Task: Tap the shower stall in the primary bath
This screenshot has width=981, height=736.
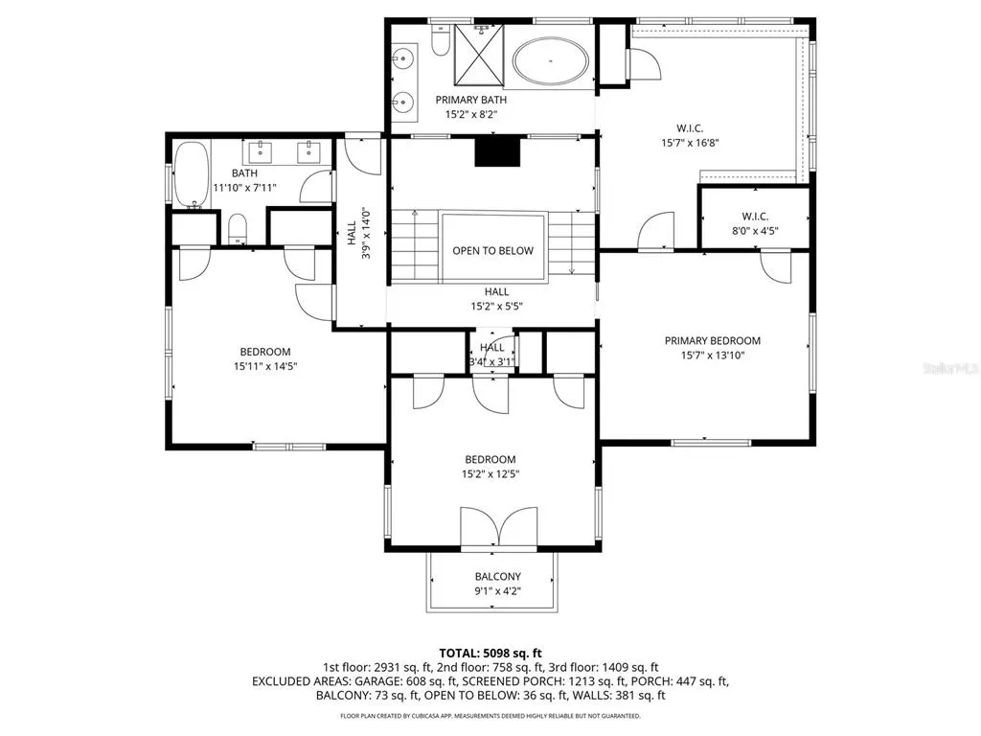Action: click(479, 55)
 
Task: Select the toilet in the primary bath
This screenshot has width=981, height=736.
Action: click(441, 40)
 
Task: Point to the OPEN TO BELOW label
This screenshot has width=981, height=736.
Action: click(493, 250)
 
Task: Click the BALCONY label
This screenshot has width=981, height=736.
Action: click(498, 576)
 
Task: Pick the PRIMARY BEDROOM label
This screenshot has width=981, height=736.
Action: click(713, 340)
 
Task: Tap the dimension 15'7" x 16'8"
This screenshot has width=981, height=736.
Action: click(690, 143)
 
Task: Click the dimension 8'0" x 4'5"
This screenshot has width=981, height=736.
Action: click(755, 231)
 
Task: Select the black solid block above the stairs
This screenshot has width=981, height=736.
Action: click(497, 152)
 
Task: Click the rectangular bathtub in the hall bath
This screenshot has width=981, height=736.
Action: click(191, 175)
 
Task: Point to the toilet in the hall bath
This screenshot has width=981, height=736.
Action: click(238, 229)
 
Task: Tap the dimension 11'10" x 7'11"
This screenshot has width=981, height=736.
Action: click(244, 187)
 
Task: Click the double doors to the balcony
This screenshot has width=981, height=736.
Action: click(498, 527)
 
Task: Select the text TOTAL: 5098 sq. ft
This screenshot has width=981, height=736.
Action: click(490, 654)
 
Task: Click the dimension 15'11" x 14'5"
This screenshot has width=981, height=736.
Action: click(265, 366)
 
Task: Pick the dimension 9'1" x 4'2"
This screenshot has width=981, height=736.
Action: click(498, 590)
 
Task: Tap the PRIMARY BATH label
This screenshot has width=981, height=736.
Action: click(471, 100)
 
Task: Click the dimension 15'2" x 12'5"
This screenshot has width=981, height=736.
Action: click(490, 473)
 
